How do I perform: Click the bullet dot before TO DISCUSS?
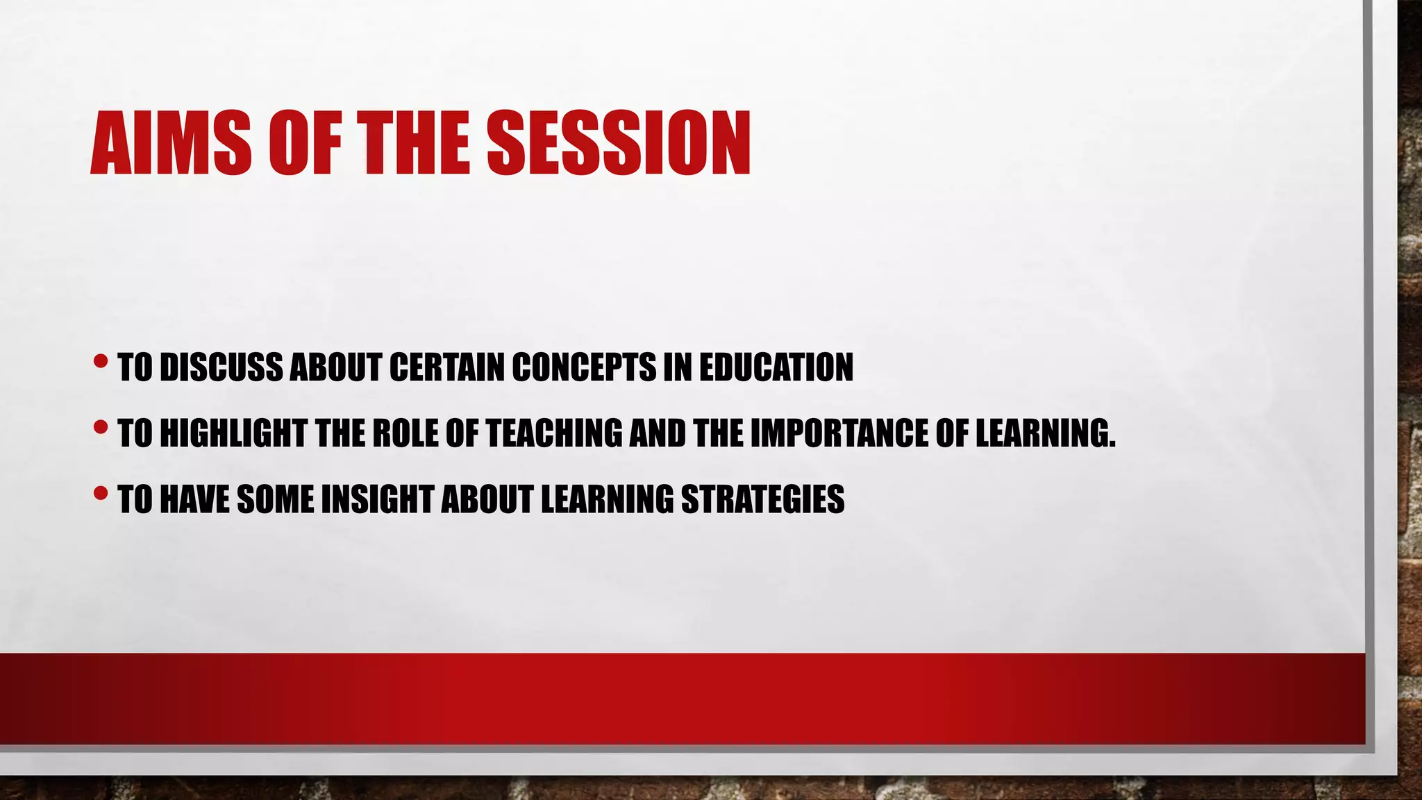click(101, 361)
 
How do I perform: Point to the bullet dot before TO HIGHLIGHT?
click(101, 427)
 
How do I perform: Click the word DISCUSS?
click(221, 367)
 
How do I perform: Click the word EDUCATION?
click(776, 367)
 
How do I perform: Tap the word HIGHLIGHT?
click(233, 433)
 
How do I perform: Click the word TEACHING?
click(554, 433)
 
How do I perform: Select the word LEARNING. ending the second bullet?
click(1045, 433)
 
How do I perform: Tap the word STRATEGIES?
click(762, 499)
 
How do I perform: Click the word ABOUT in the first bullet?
click(335, 367)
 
